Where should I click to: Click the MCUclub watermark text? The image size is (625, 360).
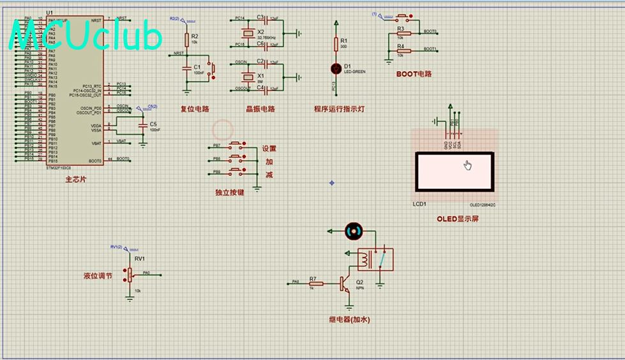86,36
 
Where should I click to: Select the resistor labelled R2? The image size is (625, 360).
186,40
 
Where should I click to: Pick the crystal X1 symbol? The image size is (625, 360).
246,76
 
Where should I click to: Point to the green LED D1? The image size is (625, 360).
336,68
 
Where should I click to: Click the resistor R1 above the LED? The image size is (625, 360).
336,43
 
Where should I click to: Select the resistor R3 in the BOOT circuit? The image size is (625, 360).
401,32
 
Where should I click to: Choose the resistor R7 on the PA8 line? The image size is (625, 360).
313,282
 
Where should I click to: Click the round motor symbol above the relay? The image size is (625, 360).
352,230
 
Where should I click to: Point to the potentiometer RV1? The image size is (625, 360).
130,274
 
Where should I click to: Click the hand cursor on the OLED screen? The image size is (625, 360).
467,165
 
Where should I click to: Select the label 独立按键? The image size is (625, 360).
230,192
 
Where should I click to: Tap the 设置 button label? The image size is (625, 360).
269,149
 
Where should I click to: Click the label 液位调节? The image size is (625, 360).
98,276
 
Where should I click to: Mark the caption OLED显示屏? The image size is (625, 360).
458,218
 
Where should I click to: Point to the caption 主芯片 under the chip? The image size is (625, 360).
75,180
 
